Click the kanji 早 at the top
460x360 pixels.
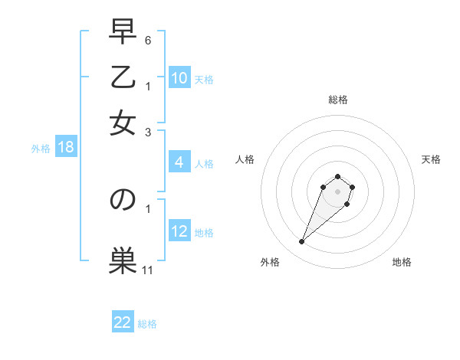point(123,33)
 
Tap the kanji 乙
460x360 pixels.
point(123,77)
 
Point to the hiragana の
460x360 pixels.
point(123,199)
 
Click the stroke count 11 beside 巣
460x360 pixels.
point(148,270)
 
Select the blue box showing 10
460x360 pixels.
point(179,78)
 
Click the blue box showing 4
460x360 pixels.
point(179,162)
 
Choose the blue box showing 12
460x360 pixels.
point(179,231)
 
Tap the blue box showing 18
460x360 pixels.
point(66,147)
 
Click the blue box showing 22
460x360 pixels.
point(123,322)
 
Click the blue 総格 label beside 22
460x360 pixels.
point(147,324)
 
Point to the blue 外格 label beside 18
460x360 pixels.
point(41,149)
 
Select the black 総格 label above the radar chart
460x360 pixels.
point(337,100)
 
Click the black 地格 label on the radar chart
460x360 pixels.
point(402,263)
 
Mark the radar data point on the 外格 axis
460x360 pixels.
point(302,242)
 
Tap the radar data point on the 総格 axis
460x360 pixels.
point(337,177)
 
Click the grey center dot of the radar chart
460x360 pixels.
point(337,191)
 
